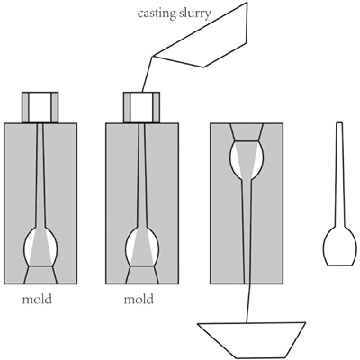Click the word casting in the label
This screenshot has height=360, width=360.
[x=157, y=13]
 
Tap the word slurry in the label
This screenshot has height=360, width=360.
[x=195, y=13]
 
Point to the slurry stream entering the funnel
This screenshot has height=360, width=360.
[x=148, y=74]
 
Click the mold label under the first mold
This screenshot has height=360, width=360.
[x=37, y=299]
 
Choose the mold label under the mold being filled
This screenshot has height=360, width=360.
[x=139, y=299]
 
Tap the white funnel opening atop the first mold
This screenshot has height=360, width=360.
[x=40, y=108]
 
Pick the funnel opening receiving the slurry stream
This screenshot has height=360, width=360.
[x=141, y=108]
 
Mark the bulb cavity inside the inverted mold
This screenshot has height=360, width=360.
[x=247, y=160]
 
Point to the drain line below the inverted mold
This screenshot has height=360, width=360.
[x=247, y=303]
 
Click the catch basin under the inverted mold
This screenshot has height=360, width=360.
[x=251, y=340]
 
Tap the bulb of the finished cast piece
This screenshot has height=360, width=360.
[x=340, y=247]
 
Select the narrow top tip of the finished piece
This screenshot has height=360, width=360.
[x=339, y=122]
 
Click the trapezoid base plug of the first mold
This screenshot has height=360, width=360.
[x=40, y=274]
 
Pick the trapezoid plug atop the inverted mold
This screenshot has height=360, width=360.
[x=247, y=132]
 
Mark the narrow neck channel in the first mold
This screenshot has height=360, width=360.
[x=40, y=175]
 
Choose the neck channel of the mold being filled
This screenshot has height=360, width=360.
[x=142, y=175]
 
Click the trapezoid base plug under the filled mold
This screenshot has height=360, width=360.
[x=142, y=274]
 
